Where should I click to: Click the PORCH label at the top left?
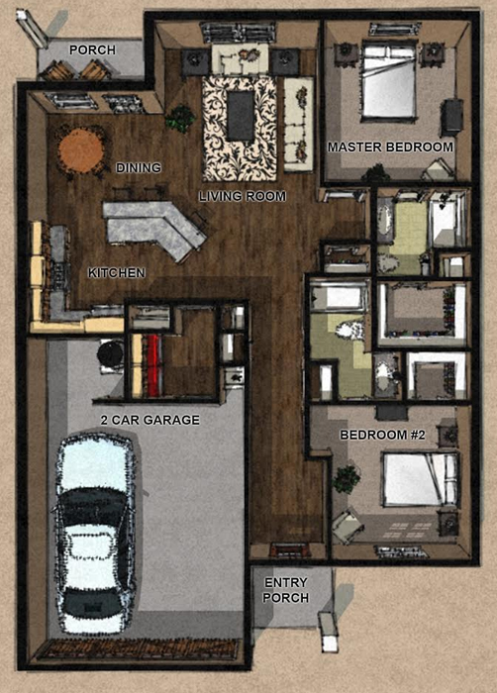pyautogui.click(x=92, y=49)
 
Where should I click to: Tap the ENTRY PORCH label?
pyautogui.click(x=285, y=590)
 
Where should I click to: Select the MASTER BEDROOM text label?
pyautogui.click(x=390, y=148)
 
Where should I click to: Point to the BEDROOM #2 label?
pyautogui.click(x=382, y=435)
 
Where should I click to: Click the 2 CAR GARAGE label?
pyautogui.click(x=149, y=420)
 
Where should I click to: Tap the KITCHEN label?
pyautogui.click(x=117, y=273)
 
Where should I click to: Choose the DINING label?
pyautogui.click(x=139, y=168)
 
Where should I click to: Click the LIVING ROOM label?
pyautogui.click(x=243, y=196)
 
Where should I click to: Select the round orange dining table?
pyautogui.click(x=81, y=151)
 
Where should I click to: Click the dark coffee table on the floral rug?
pyautogui.click(x=241, y=116)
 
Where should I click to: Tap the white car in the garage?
pyautogui.click(x=94, y=533)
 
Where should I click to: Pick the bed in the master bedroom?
pyautogui.click(x=389, y=81)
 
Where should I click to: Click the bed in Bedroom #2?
pyautogui.click(x=421, y=479)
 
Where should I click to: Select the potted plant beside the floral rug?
pyautogui.click(x=180, y=118)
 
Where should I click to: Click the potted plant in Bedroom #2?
pyautogui.click(x=346, y=479)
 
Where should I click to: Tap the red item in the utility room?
pyautogui.click(x=153, y=365)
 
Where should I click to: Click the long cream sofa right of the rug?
pyautogui.click(x=298, y=124)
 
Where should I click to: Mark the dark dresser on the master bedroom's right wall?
pyautogui.click(x=451, y=117)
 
